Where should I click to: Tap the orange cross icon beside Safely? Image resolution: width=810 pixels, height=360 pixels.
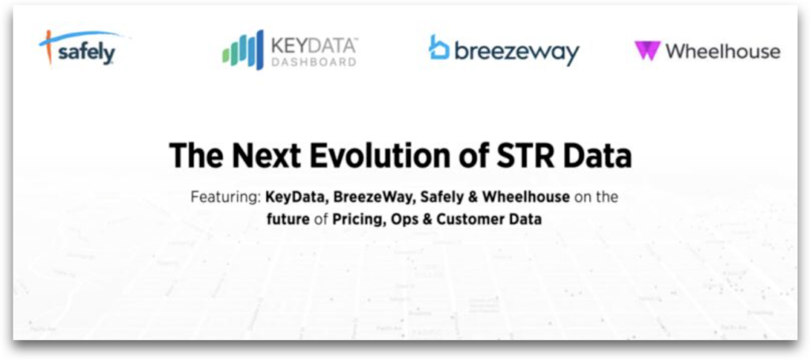coord(49,47)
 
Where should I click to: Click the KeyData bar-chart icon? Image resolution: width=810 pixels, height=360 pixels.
coord(243,51)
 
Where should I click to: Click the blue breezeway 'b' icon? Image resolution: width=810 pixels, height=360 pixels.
coord(439,47)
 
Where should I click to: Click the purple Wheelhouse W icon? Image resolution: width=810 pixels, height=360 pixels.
coord(646,51)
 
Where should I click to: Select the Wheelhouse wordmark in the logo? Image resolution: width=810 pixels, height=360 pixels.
coord(722,51)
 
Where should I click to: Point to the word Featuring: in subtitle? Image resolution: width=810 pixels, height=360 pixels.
coord(225,197)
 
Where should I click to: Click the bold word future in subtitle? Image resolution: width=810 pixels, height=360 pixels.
coord(288,219)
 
